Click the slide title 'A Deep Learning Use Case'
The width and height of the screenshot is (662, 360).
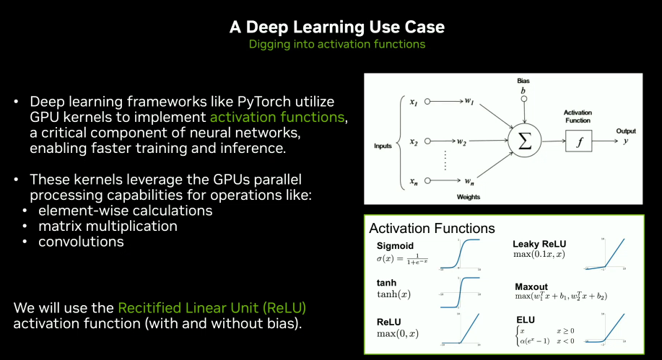(x=336, y=27)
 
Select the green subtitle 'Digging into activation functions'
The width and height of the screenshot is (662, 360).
(x=336, y=44)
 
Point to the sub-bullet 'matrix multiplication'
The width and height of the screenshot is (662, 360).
(x=107, y=227)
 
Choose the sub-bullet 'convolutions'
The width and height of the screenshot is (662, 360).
(x=82, y=242)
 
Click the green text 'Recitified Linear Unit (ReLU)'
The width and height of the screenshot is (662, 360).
(x=212, y=308)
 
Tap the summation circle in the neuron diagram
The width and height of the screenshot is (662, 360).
(x=524, y=140)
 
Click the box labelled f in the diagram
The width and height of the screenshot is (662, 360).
(x=578, y=141)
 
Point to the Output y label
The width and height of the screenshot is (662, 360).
(x=625, y=137)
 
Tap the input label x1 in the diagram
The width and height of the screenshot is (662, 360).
(x=414, y=103)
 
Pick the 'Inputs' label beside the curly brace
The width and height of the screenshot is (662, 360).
(x=383, y=146)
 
